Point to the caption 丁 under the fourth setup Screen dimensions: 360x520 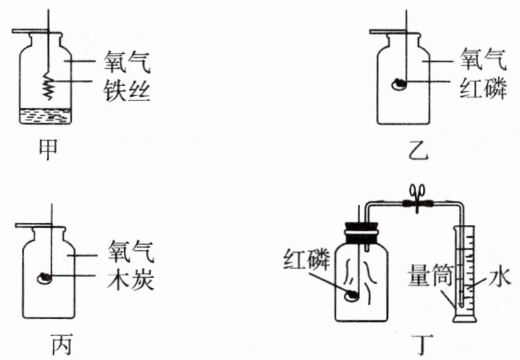[421, 343]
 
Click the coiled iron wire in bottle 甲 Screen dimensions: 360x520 [48, 87]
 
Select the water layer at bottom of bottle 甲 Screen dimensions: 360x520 [45, 115]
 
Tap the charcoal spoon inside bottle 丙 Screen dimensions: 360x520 [46, 279]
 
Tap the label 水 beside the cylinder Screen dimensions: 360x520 [498, 278]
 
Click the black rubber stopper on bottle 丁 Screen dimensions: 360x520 [359, 219]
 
